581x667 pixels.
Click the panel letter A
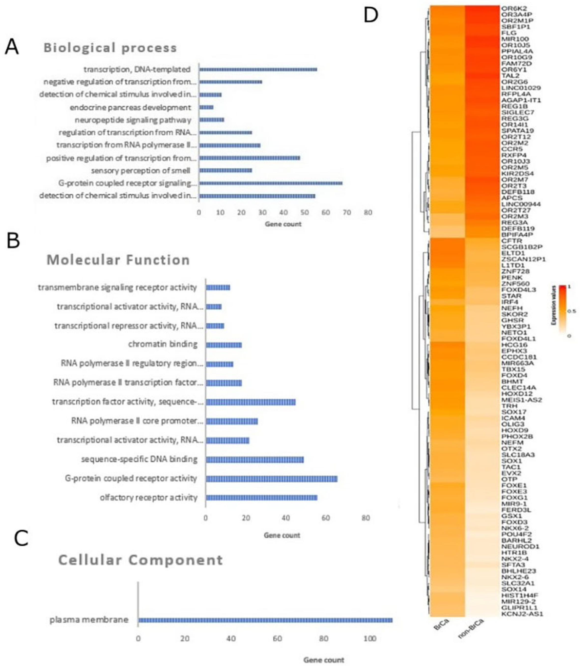(x=12, y=47)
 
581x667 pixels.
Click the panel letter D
(x=371, y=15)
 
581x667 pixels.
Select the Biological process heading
(x=110, y=48)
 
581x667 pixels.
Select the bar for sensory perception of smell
(x=225, y=170)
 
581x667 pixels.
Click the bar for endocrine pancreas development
(x=206, y=107)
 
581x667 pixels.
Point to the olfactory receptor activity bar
(x=261, y=498)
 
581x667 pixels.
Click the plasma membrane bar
(x=265, y=620)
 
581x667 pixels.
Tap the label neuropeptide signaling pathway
(x=133, y=120)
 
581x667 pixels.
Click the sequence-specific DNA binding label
(x=139, y=459)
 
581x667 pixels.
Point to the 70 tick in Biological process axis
(x=347, y=213)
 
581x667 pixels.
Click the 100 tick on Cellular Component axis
(x=370, y=639)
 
